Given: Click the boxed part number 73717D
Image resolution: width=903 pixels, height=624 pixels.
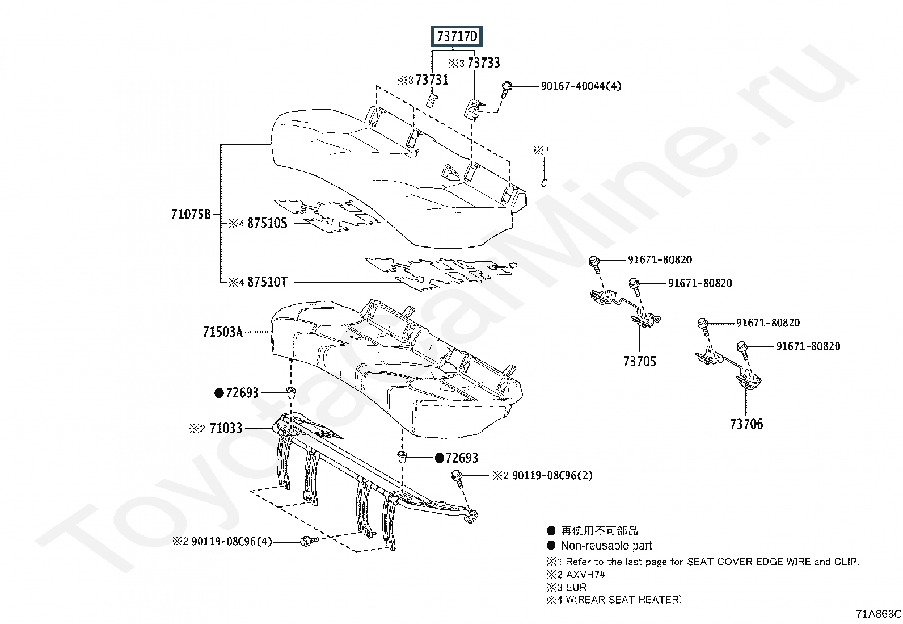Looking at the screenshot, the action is click(457, 36).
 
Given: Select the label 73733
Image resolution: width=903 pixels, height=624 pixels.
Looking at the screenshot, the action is click(484, 63).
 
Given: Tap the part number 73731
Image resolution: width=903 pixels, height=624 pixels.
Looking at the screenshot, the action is click(432, 80).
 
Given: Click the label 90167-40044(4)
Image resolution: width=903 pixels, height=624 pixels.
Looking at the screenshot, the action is click(581, 86).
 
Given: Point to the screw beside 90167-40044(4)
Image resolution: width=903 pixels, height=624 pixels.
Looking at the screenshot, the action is click(507, 88).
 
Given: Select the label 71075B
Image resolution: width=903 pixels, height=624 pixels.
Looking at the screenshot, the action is click(191, 214).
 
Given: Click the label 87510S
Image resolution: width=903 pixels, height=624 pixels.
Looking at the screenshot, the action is click(267, 223).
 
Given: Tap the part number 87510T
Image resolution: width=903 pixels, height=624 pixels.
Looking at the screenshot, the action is click(267, 282).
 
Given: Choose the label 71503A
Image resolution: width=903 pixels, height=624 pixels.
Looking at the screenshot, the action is click(223, 332).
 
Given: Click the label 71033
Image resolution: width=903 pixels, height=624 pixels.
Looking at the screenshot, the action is click(226, 428).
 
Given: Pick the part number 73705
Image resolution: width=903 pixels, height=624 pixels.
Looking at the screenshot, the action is click(640, 361).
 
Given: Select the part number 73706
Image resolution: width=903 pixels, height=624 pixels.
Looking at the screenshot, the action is click(746, 424).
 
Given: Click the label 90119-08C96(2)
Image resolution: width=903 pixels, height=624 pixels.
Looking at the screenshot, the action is click(552, 475).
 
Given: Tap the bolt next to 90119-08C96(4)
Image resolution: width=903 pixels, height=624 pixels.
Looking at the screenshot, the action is click(310, 541).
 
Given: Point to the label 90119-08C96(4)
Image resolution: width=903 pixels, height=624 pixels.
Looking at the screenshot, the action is click(232, 541).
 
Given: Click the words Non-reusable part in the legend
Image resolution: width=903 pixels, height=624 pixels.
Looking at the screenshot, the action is click(606, 546).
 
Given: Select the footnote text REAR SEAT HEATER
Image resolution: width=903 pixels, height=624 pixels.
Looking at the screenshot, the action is click(626, 600).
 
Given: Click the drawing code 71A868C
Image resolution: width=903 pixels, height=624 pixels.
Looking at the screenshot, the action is click(879, 614).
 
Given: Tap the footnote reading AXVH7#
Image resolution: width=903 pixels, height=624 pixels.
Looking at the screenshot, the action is click(585, 575).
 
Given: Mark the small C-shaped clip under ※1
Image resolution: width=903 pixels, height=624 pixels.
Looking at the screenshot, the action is click(544, 183).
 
